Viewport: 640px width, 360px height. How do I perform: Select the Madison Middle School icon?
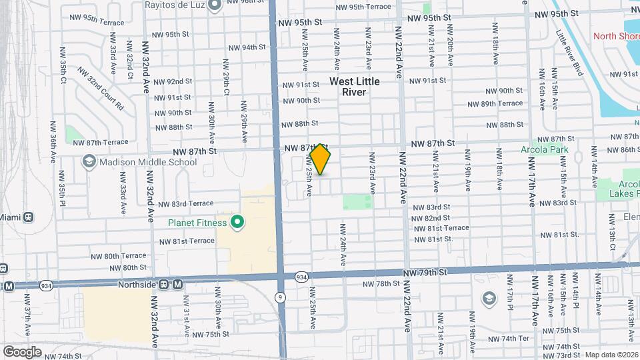pyautogui.click(x=89, y=162)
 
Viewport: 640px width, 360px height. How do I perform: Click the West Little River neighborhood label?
pyautogui.click(x=355, y=87)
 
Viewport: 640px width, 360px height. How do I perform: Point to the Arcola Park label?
pyautogui.click(x=545, y=149)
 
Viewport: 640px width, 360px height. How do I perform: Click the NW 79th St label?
pyautogui.click(x=423, y=273)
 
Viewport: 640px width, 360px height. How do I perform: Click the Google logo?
pyautogui.click(x=22, y=351)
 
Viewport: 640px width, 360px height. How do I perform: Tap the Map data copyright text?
pyautogui.click(x=611, y=355)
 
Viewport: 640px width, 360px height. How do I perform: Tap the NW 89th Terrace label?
pyautogui.click(x=495, y=103)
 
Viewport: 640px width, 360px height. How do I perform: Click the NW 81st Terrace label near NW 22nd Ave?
pyautogui.click(x=441, y=228)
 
